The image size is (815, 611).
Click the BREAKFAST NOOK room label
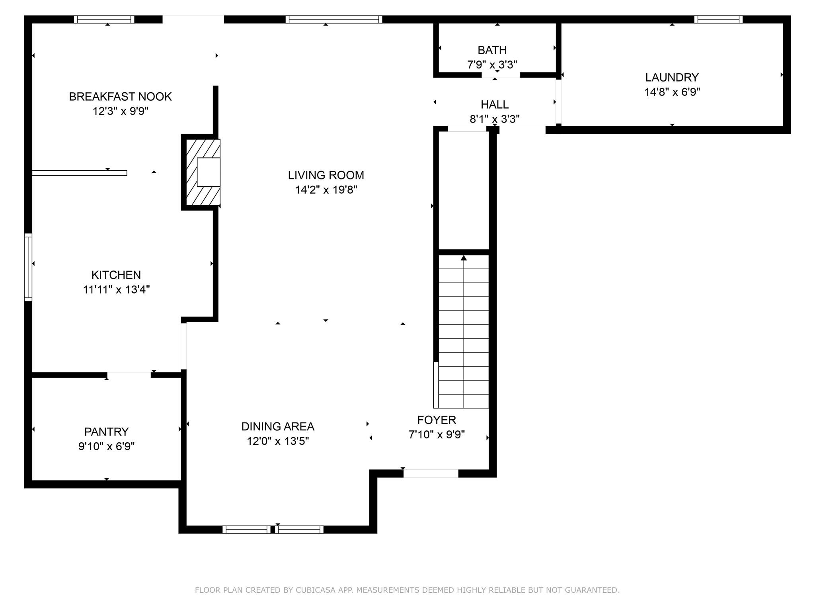click(x=120, y=97)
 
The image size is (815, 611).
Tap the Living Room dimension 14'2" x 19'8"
click(x=326, y=190)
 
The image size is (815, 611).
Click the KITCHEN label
click(x=116, y=275)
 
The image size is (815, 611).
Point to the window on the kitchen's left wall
click(x=28, y=267)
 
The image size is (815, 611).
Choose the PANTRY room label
click(x=106, y=432)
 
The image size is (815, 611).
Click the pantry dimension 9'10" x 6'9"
click(x=106, y=446)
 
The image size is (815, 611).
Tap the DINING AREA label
click(x=278, y=426)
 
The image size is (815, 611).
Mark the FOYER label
click(x=437, y=420)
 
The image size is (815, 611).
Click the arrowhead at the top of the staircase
click(x=464, y=258)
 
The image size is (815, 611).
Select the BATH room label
click(x=492, y=50)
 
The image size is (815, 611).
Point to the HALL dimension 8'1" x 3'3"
click(x=495, y=119)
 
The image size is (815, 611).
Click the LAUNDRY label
click(x=672, y=77)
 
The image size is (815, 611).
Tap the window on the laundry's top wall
click(x=718, y=19)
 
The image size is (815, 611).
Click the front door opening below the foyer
click(x=431, y=473)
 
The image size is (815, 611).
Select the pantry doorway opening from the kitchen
click(x=129, y=374)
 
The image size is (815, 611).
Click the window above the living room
click(x=333, y=19)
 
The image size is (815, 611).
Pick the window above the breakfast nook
click(x=104, y=19)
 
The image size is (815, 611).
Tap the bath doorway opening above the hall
click(x=501, y=75)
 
